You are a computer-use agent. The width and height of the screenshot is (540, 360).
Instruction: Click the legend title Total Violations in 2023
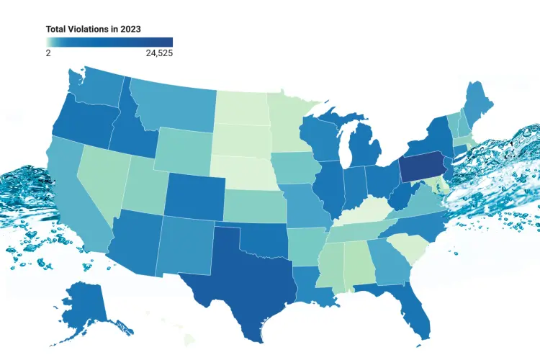93,29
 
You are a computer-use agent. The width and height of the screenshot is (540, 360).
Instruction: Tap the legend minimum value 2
48,53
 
